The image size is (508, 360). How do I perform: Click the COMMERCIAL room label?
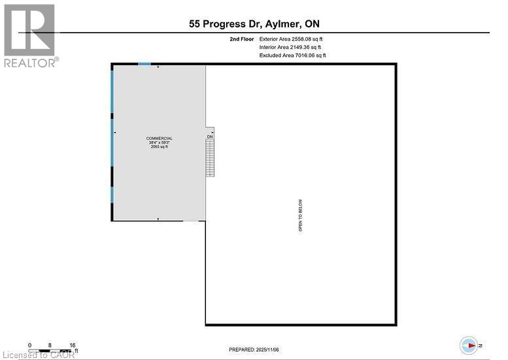tap(160, 139)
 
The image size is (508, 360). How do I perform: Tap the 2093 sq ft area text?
tap(160, 147)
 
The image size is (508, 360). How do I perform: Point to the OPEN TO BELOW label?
tap(300, 216)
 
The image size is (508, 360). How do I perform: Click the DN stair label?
tap(210, 137)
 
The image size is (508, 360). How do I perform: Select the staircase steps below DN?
tap(210, 158)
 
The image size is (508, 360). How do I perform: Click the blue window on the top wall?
tap(144, 63)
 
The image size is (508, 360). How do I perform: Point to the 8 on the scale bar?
tap(50, 344)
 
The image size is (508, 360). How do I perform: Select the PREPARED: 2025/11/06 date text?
tap(254, 350)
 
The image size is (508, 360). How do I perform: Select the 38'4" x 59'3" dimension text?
tap(160, 143)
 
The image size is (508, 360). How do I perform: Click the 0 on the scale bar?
tap(29, 344)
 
